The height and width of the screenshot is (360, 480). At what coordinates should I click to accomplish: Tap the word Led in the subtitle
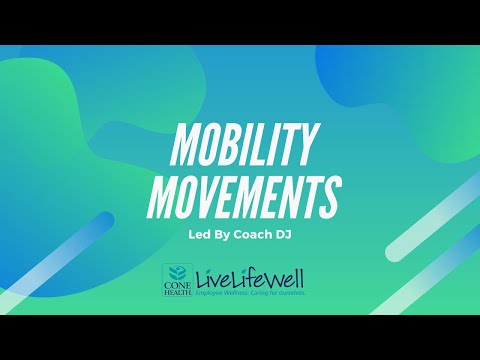pyautogui.click(x=200, y=236)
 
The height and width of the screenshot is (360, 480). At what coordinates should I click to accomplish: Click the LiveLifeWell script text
pyautogui.click(x=250, y=278)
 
